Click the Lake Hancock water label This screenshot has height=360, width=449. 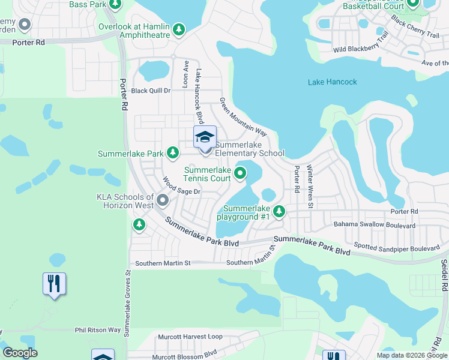[x=332, y=82]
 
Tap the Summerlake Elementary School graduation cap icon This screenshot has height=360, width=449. [x=205, y=137]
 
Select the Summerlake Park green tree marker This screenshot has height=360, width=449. [x=173, y=154]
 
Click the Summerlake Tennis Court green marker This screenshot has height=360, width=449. [x=240, y=174]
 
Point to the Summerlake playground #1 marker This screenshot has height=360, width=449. [x=279, y=211]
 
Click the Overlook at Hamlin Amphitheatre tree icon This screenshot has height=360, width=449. [x=178, y=29]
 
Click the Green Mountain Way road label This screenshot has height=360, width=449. [x=243, y=116]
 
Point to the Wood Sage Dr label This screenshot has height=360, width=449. [x=181, y=186]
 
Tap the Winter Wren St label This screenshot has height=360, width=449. [x=310, y=187]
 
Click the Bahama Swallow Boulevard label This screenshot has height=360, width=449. [x=374, y=226]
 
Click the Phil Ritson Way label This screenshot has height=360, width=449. [x=98, y=330]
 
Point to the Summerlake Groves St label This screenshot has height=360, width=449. [x=127, y=303]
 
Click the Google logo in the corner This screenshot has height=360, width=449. [x=20, y=353]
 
